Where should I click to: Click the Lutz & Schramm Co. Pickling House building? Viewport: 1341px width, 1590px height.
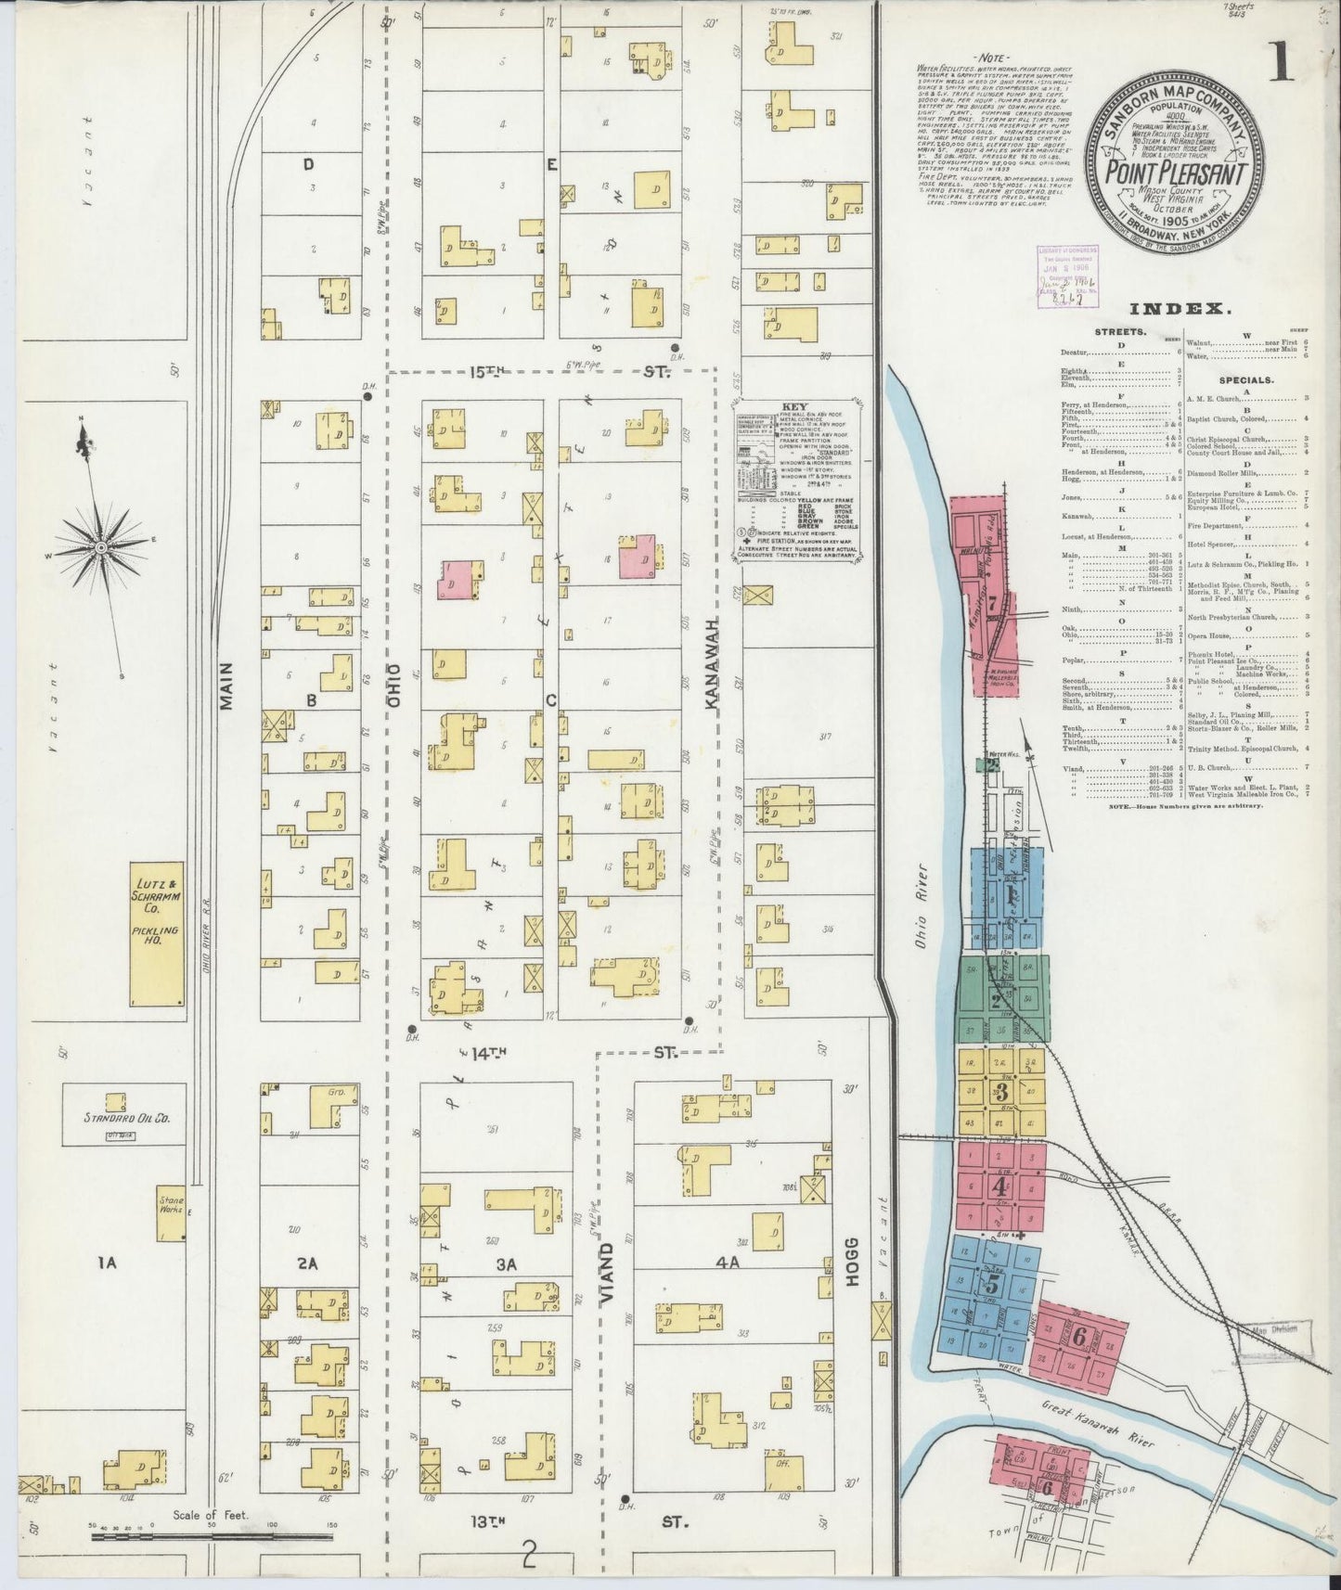[157, 938]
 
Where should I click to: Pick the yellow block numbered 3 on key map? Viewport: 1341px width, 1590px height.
[1001, 1091]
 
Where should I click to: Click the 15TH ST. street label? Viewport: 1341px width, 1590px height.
[568, 372]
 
